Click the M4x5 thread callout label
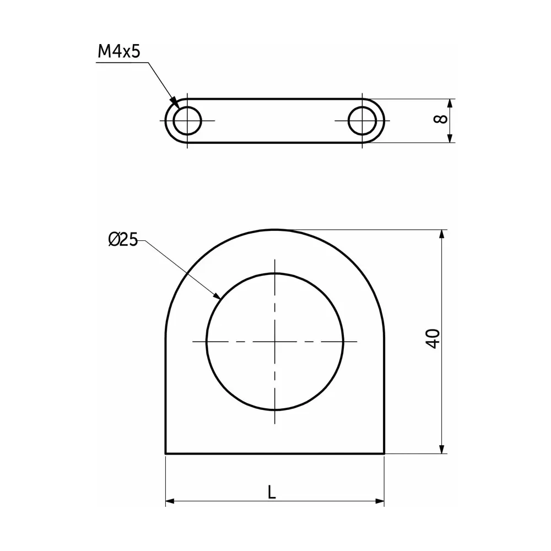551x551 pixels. [119, 52]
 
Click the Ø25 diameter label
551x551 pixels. [123, 240]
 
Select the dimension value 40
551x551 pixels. [434, 338]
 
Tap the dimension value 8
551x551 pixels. [440, 120]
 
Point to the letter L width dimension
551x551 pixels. [271, 491]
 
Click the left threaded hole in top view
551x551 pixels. [187, 120]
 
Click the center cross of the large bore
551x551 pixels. [275, 342]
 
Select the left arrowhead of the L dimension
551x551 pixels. [169, 501]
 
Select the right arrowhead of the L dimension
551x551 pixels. [381, 501]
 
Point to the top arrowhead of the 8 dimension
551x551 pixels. [450, 102]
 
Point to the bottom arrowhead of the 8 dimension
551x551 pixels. [450, 139]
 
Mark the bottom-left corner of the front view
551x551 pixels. [166, 453]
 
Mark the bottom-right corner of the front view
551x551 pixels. [384, 453]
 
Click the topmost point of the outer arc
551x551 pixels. [275, 230]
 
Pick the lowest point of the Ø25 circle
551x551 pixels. [275, 410]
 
